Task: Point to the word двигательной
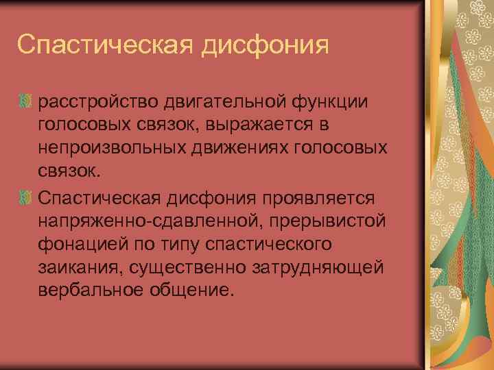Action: point(221,101)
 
